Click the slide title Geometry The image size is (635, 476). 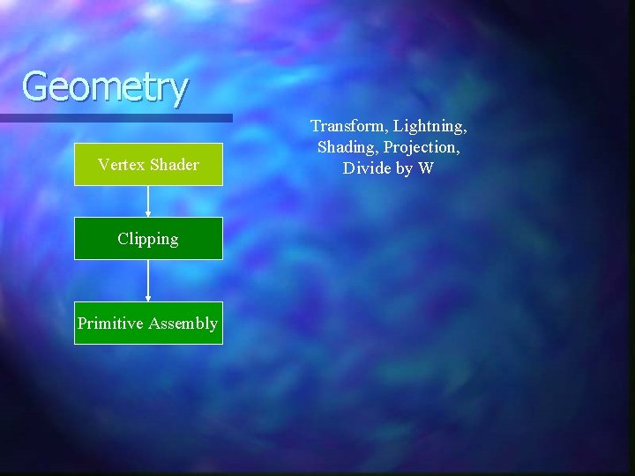(x=104, y=86)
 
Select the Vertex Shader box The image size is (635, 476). (x=148, y=164)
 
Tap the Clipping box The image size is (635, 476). (x=148, y=239)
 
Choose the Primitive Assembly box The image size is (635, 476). (x=148, y=324)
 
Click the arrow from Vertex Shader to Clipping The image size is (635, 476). (x=148, y=201)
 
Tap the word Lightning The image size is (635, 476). (x=430, y=127)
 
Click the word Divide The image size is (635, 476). (x=365, y=168)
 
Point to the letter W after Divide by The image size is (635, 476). (x=426, y=168)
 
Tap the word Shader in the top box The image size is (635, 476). (x=174, y=164)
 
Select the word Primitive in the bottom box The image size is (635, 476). (x=110, y=324)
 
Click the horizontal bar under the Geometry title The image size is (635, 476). (x=115, y=117)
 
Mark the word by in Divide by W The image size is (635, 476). (x=403, y=168)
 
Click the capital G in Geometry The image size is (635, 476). (x=36, y=86)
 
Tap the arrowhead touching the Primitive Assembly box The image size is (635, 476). (x=148, y=298)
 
